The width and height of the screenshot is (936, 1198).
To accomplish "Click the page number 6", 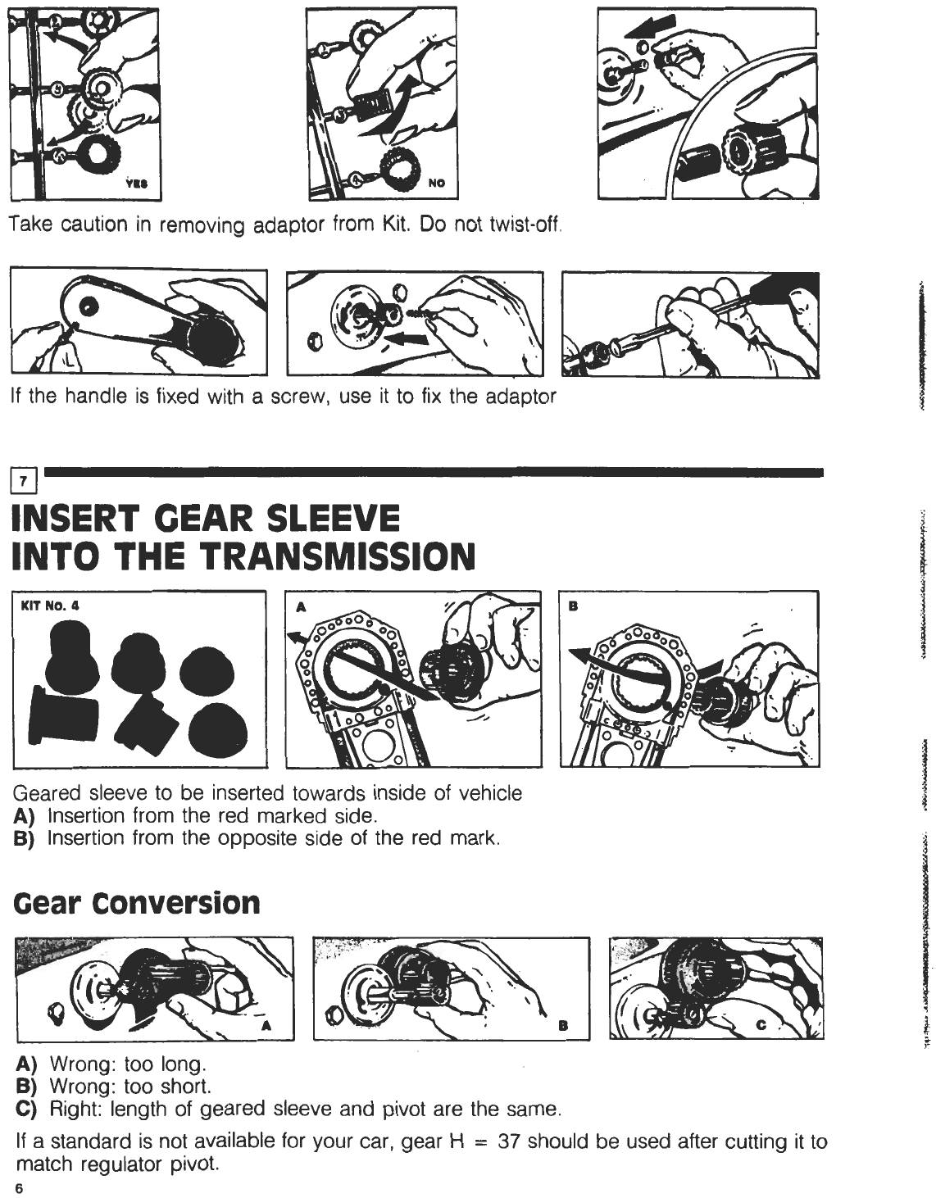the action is (x=19, y=1188).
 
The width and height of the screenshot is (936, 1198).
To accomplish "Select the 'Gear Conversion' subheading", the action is (x=137, y=902).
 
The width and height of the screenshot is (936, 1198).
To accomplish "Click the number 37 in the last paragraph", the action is (x=509, y=1141).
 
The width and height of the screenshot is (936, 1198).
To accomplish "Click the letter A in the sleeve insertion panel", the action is (x=301, y=606).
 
